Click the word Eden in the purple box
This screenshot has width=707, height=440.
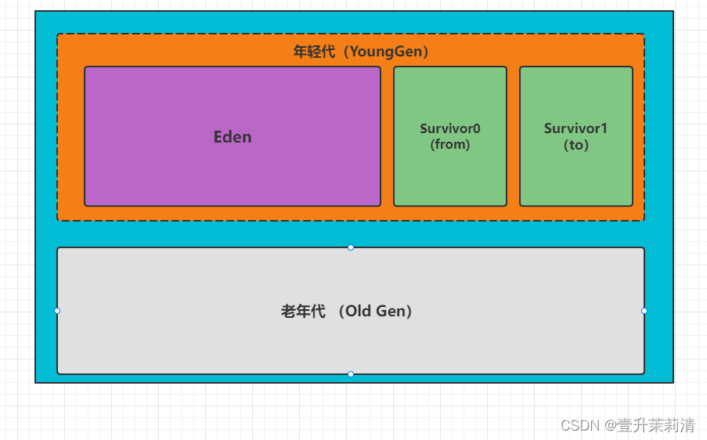[233, 137]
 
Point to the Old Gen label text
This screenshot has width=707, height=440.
[347, 311]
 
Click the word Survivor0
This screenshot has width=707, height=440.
[450, 128]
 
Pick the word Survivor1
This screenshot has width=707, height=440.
[576, 128]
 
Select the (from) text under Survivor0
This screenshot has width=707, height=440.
[450, 145]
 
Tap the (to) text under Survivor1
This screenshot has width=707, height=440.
[576, 145]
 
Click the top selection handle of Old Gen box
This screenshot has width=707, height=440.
[351, 247]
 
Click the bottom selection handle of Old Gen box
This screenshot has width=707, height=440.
[351, 374]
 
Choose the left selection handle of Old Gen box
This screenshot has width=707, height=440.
[57, 311]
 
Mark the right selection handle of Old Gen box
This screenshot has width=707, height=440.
[644, 311]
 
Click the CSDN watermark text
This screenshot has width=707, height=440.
[580, 425]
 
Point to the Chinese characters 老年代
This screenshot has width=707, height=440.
[303, 311]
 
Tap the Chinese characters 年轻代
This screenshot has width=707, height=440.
[314, 52]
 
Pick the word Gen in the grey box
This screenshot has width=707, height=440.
[391, 311]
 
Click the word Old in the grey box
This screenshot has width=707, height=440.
[359, 311]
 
